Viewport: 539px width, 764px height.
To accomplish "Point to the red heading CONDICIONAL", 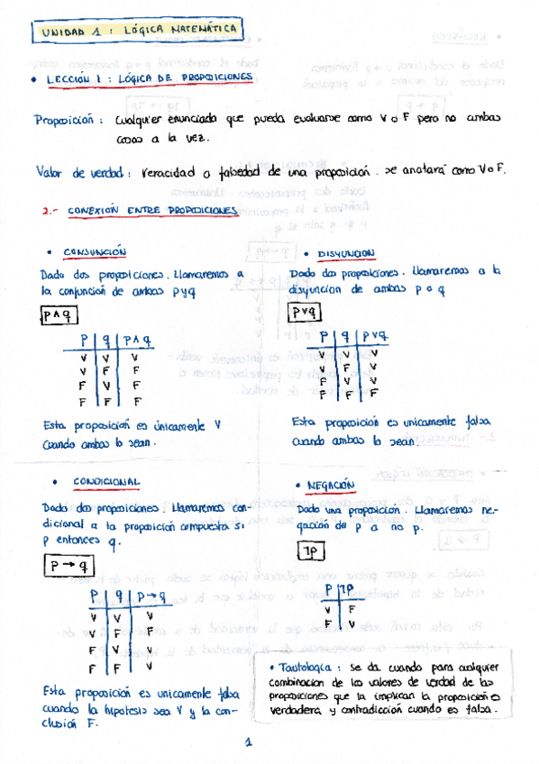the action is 105,482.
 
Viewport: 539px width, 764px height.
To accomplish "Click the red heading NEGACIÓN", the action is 332,485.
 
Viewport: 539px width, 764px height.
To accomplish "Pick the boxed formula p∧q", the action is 61,314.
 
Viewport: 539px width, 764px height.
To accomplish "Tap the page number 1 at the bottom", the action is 248,743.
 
